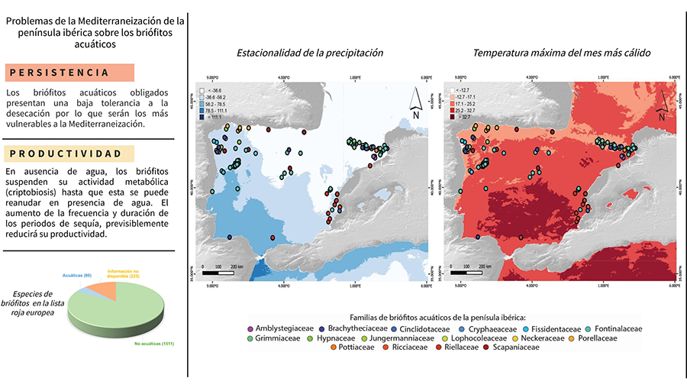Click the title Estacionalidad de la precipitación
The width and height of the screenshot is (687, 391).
point(309,53)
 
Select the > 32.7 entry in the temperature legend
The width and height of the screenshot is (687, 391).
point(463,117)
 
